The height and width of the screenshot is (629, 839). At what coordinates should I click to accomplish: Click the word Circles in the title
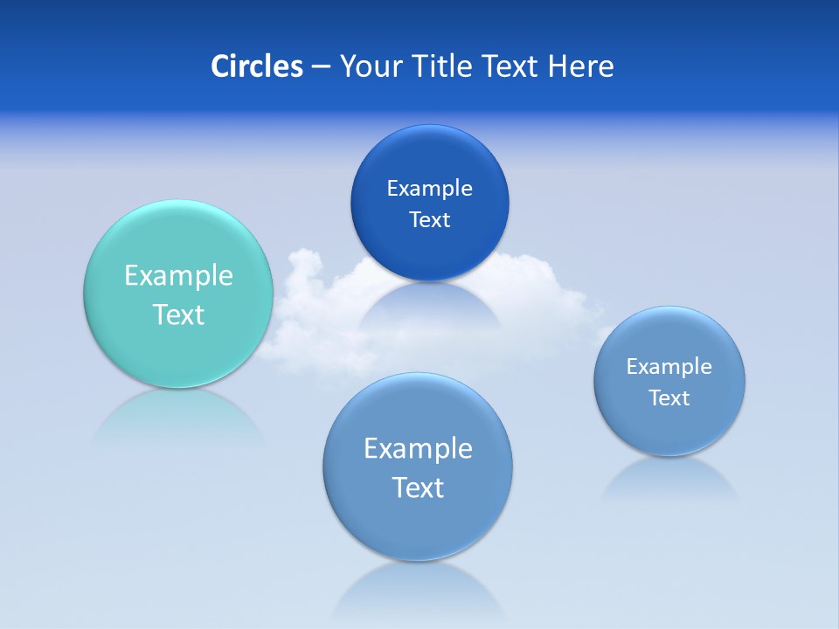256,66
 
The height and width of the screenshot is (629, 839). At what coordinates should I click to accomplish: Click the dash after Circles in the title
320,67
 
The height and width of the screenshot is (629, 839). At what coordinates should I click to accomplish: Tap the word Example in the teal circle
178,276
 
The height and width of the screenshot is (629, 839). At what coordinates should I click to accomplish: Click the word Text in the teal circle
178,314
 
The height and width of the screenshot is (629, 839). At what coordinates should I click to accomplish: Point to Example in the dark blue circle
430,189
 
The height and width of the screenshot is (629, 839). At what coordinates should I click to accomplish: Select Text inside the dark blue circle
430,220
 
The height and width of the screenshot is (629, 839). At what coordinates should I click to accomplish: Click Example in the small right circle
669,367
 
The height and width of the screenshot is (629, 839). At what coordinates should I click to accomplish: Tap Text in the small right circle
669,398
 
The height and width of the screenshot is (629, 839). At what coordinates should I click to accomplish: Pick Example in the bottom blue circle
418,449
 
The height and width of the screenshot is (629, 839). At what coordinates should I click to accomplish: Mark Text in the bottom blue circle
418,487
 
